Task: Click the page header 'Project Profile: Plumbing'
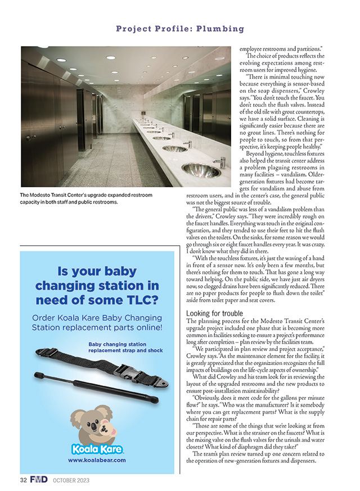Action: coord(180,28)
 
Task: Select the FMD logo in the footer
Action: coord(39,480)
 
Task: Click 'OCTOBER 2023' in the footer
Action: coord(71,481)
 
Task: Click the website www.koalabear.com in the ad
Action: coord(96,460)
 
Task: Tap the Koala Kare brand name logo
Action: coord(96,448)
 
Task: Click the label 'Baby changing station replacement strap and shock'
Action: coord(126,347)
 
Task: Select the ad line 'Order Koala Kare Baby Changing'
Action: coord(97,318)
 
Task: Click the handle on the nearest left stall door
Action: coord(35,138)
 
